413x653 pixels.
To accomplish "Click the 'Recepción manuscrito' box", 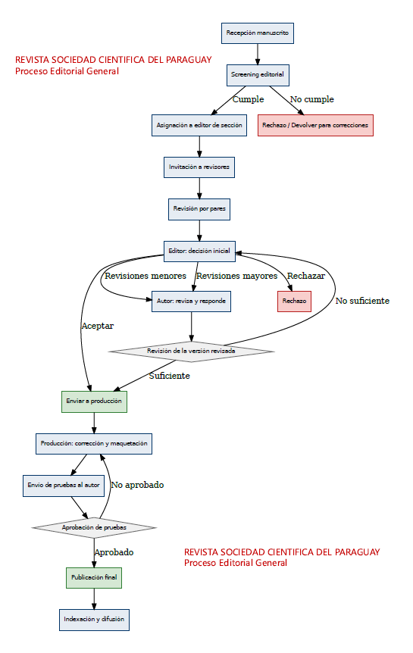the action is click(x=258, y=33).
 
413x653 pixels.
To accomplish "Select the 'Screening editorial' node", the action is click(x=258, y=75).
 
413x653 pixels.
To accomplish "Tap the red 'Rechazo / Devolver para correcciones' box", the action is click(x=315, y=125).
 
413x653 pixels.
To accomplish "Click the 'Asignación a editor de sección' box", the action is click(x=199, y=125).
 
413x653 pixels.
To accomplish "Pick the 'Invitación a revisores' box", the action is click(x=199, y=167).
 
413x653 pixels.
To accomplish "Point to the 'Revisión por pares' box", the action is click(x=199, y=209).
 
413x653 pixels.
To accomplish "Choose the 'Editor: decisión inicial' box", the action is click(x=199, y=251).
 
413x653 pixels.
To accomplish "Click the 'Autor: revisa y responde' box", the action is click(x=191, y=301).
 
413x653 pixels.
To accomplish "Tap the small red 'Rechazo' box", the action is click(x=294, y=301).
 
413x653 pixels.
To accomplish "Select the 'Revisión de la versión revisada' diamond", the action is click(x=191, y=351).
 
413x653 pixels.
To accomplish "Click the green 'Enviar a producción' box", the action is click(x=94, y=401).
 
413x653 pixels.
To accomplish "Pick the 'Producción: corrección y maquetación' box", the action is click(x=94, y=443).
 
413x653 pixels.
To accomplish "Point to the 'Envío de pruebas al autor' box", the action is click(x=64, y=486).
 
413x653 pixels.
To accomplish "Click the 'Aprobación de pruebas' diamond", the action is click(x=94, y=528).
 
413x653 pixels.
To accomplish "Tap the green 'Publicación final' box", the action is click(x=94, y=577).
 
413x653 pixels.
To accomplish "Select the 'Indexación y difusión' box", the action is click(x=94, y=620).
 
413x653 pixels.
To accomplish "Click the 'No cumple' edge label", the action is click(x=312, y=99).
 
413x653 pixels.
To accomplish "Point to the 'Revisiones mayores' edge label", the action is click(x=236, y=276).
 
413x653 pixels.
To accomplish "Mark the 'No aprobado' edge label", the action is click(x=137, y=485).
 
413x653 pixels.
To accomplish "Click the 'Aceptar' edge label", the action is click(x=98, y=326).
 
